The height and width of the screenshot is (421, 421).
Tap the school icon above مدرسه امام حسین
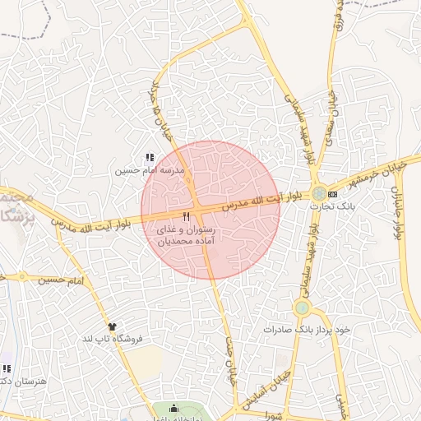click(x=149, y=157)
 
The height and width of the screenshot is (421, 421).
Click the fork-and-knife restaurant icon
click(x=186, y=216)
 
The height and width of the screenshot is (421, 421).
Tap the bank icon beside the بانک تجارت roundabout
click(x=332, y=194)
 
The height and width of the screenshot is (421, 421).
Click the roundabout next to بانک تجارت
click(x=318, y=193)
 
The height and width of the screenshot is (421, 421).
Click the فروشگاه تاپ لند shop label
click(x=111, y=339)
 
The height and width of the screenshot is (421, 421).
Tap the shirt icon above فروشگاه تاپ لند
click(x=112, y=326)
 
